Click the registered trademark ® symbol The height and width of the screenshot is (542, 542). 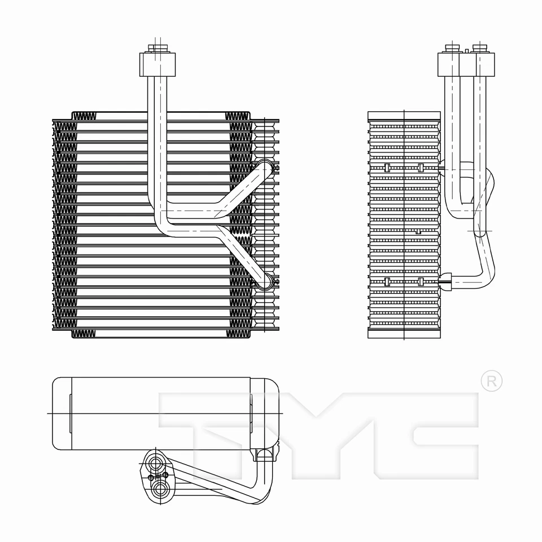491,381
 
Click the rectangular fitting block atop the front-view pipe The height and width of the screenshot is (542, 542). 157,64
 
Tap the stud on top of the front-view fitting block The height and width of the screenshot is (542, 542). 157,47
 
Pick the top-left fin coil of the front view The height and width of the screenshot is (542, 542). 84,116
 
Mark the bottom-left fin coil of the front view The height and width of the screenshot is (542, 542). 84,334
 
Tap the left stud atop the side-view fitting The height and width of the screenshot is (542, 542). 452,47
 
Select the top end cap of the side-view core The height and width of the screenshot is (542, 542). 404,116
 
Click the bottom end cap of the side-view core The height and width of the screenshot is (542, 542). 404,333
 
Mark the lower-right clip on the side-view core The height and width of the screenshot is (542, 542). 421,281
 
